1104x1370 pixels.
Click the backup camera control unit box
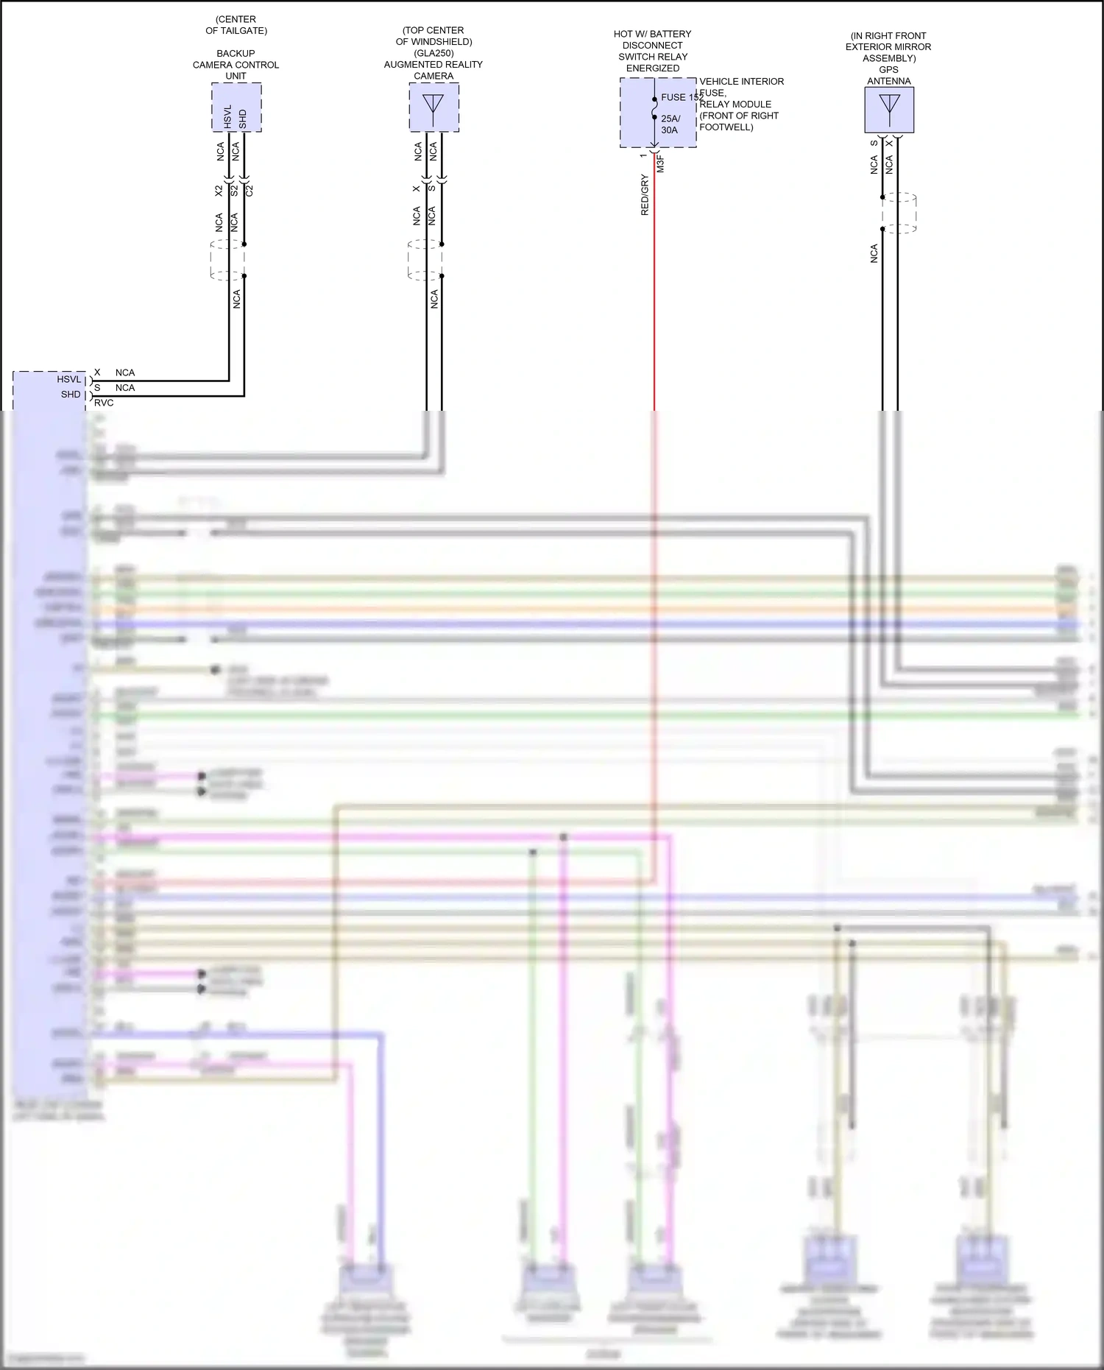[236, 107]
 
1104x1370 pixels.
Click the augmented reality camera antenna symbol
[434, 107]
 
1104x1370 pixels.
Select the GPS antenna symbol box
[889, 110]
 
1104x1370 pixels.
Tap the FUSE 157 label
[681, 97]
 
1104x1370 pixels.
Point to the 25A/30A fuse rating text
[670, 124]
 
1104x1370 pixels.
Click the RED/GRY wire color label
[645, 195]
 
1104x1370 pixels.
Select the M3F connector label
[661, 163]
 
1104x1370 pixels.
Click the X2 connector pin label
[219, 190]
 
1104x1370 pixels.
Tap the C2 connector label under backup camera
[250, 190]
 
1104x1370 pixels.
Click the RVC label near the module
[104, 403]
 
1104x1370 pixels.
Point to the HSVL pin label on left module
[69, 379]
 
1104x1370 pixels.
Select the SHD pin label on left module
[71, 395]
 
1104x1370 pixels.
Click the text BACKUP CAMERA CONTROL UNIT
[236, 65]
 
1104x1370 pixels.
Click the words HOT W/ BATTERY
[652, 34]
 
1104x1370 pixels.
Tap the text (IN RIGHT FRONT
[888, 35]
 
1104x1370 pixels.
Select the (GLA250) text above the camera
[434, 53]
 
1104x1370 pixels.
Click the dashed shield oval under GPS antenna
[898, 213]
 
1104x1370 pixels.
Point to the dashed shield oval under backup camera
[227, 260]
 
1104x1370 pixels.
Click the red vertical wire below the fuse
[654, 294]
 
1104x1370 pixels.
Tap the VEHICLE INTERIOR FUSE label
[741, 87]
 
